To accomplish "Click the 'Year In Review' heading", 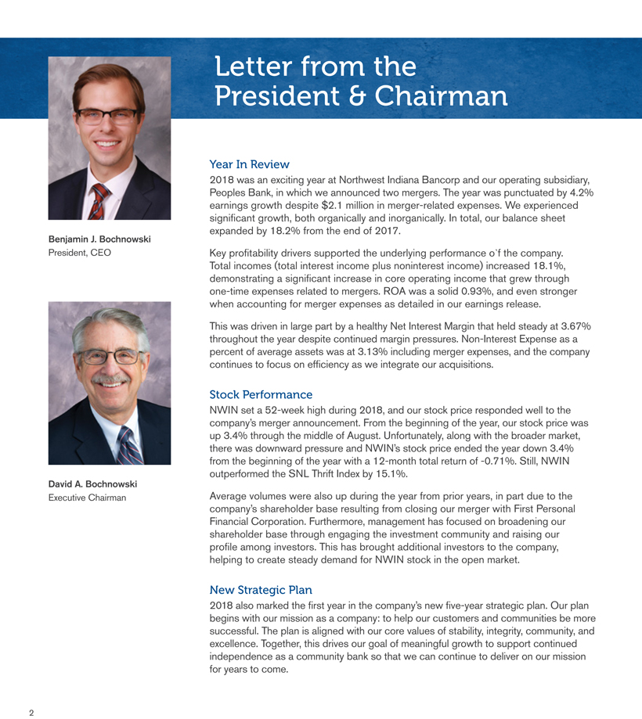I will point(250,164).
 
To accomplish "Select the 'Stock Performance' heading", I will point(261,394).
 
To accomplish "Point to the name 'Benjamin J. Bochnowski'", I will point(99,239).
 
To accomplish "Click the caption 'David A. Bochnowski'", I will point(92,484).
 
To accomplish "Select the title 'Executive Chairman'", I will point(88,498).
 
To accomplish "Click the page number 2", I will point(32,713).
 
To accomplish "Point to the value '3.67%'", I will point(573,325).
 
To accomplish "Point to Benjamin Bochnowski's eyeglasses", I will point(109,117).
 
